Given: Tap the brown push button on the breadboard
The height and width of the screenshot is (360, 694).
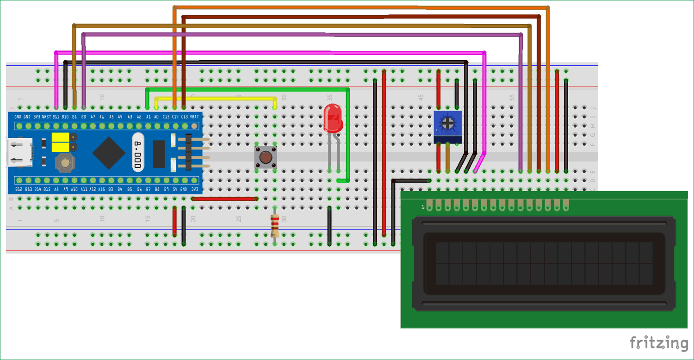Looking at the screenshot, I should click(266, 157).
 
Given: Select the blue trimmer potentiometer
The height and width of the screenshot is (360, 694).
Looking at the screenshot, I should click(447, 126).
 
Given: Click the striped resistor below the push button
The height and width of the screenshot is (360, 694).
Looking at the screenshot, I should click(275, 226).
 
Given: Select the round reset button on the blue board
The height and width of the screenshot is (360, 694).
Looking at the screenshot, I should click(64, 162).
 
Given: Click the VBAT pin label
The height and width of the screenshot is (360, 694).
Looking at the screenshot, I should click(194, 117).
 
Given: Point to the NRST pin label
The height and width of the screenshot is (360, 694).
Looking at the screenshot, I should click(46, 117).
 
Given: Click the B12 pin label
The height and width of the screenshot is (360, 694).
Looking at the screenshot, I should click(19, 189).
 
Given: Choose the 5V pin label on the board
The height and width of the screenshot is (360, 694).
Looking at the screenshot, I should click(175, 189).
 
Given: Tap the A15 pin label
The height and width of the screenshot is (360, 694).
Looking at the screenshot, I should click(101, 189).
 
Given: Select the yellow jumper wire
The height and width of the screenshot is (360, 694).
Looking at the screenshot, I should click(215, 98).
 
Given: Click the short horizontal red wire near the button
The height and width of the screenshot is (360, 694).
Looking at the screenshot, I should click(224, 199).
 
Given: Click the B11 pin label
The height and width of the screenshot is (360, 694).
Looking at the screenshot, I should click(56, 117).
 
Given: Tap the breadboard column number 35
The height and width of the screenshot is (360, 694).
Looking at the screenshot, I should click(329, 98).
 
